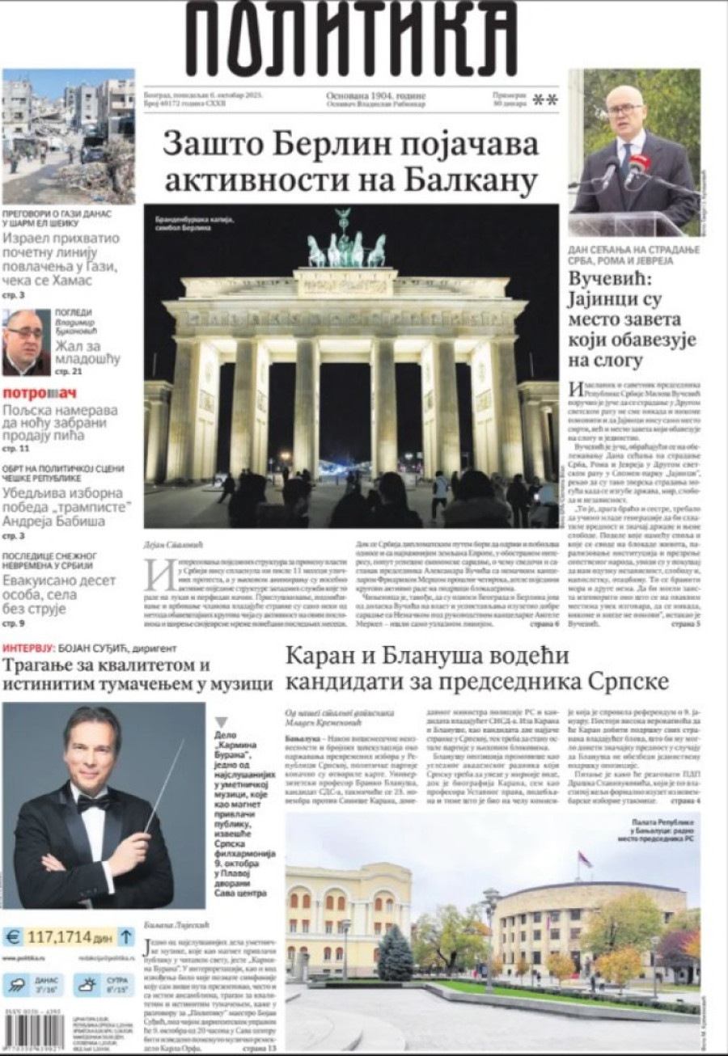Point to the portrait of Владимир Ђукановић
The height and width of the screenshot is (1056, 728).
pyautogui.click(x=25, y=342)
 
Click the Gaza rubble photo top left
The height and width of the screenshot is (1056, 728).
pyautogui.click(x=68, y=135)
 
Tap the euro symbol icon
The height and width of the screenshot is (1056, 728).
pyautogui.click(x=13, y=937)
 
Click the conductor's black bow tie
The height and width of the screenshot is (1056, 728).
pyautogui.click(x=92, y=803)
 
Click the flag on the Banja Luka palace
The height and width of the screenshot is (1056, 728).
pyautogui.click(x=583, y=860)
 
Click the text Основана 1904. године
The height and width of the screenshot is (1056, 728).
pyautogui.click(x=375, y=95)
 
